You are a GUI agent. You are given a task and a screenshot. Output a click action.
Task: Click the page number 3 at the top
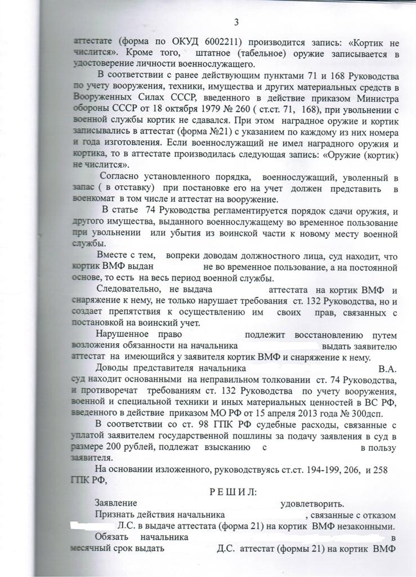236,22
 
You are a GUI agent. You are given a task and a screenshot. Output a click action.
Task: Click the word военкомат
93,199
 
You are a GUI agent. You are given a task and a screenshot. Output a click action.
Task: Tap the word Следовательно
128,290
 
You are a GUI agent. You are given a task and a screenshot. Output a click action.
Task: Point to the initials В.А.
388,370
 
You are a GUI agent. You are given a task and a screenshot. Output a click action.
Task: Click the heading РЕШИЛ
232,492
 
